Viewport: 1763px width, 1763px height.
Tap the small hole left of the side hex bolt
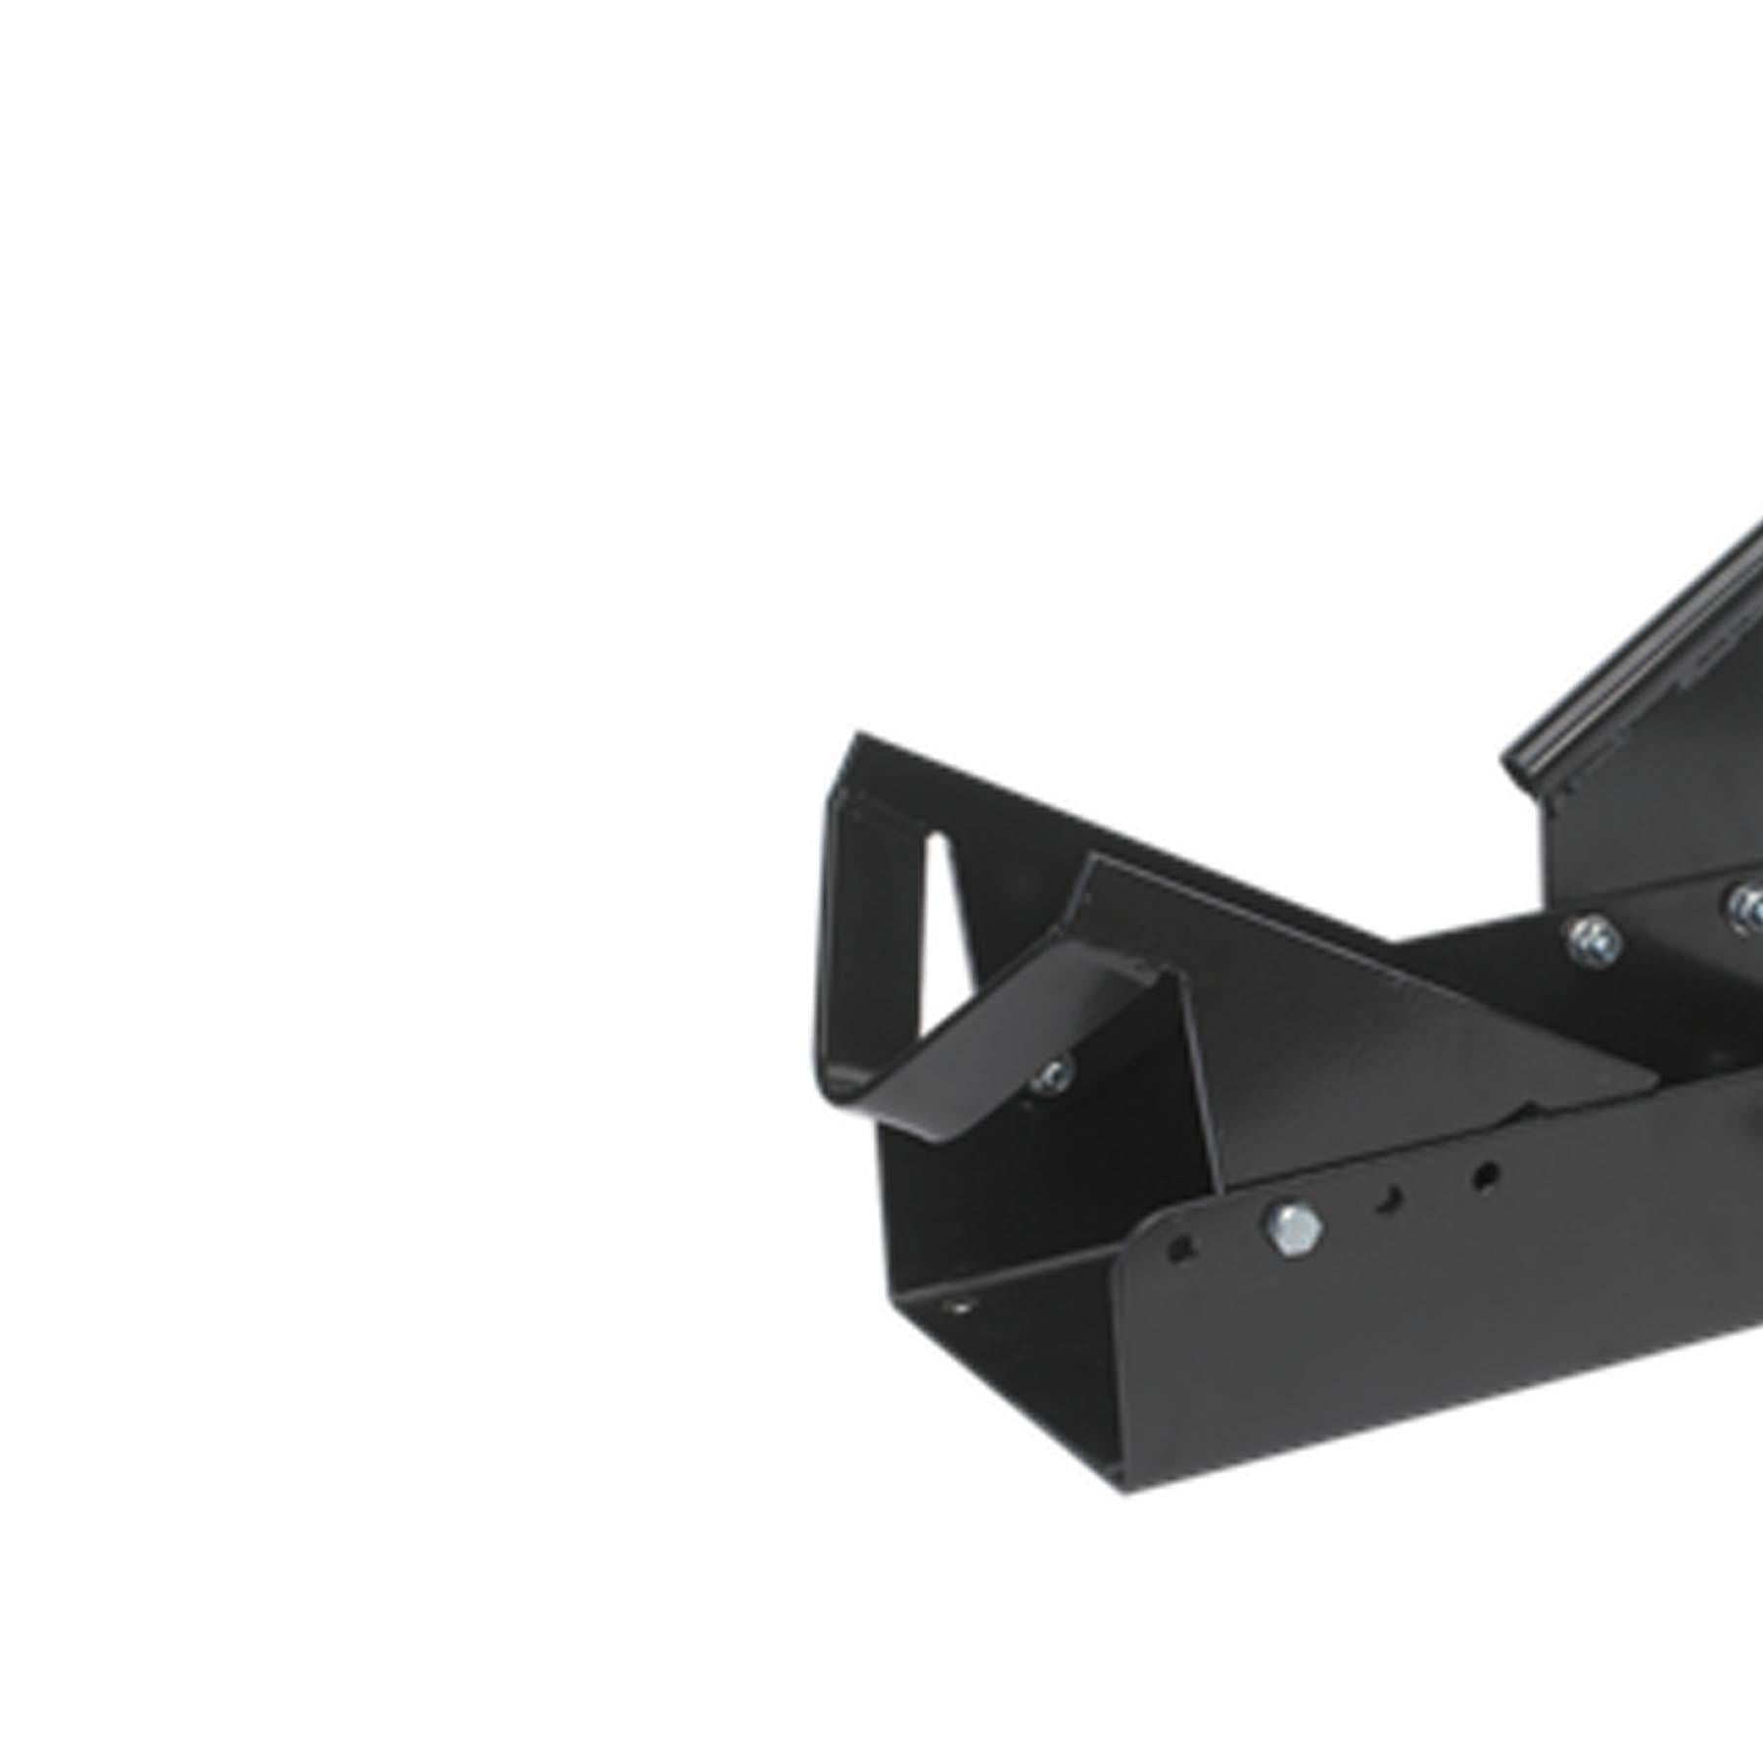click(1181, 1249)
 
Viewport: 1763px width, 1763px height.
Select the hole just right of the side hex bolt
click(1388, 1200)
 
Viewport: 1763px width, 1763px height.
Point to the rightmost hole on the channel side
click(1485, 1176)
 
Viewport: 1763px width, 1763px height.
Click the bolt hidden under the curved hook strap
click(1053, 1076)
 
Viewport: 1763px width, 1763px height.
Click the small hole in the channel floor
click(961, 1306)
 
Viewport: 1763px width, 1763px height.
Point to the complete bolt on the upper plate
click(1593, 941)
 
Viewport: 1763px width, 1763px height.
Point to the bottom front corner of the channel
click(1124, 1489)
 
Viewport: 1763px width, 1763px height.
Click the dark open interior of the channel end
click(1009, 1371)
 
